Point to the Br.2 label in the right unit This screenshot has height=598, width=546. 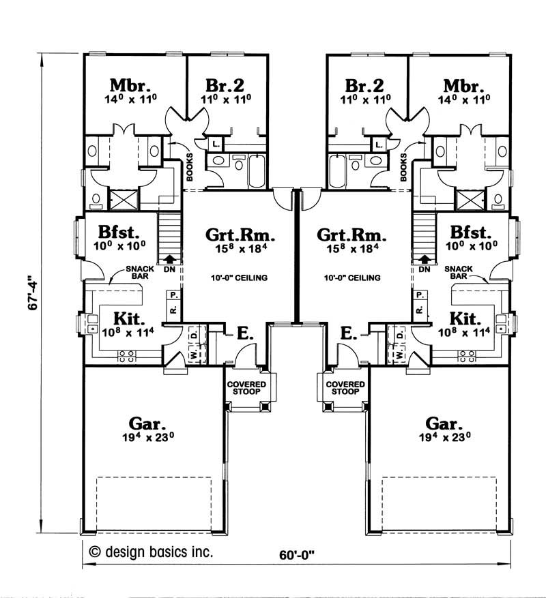click(x=364, y=86)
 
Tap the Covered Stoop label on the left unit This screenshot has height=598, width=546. click(x=246, y=388)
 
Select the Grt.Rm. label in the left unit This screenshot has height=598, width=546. click(x=240, y=237)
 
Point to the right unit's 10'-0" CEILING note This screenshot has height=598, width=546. click(x=352, y=278)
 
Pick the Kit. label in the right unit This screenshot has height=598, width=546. click(x=465, y=317)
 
